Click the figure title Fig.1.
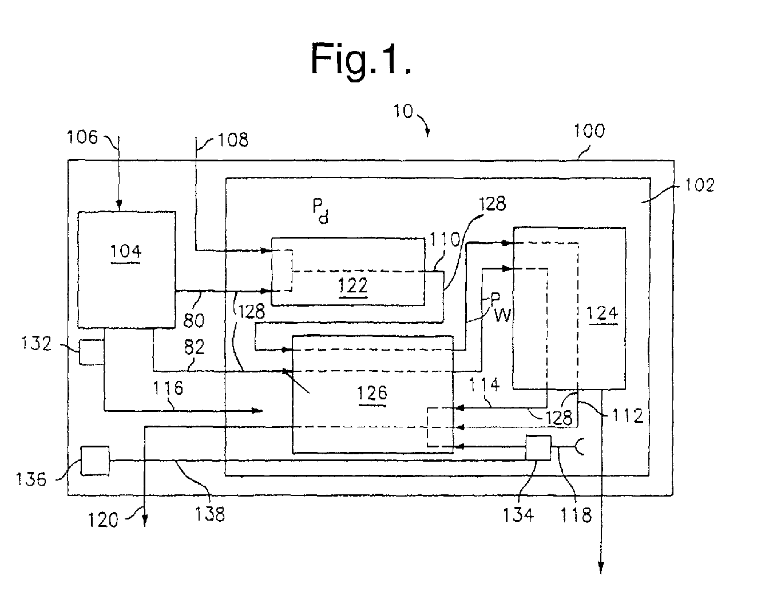[361, 59]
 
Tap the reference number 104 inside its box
[126, 252]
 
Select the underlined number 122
[353, 285]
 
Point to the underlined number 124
[602, 313]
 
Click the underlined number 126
[372, 392]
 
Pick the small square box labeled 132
[92, 352]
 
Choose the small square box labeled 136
[95, 461]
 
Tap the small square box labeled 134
[538, 448]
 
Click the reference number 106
[82, 137]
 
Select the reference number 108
[233, 140]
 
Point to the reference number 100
[589, 131]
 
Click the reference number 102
[700, 185]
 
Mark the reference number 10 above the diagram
[403, 112]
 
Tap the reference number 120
[102, 520]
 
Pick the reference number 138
[210, 514]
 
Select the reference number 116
[168, 388]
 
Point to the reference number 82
[195, 347]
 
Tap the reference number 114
[484, 384]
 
